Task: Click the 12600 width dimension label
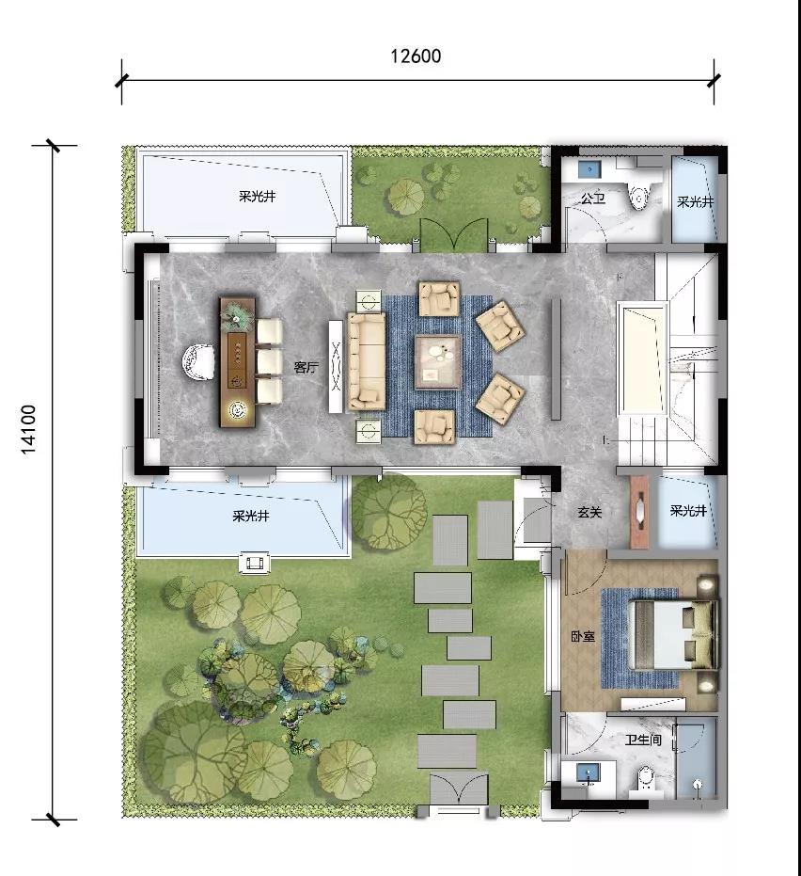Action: pos(416,56)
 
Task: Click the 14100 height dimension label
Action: pos(28,429)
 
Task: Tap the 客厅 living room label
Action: pos(306,367)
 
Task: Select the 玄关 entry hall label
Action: pos(589,511)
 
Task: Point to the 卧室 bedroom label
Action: pos(583,636)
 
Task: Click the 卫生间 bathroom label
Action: pos(643,740)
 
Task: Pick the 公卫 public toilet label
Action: pos(592,198)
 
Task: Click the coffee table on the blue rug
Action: pos(437,362)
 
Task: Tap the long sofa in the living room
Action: pos(367,361)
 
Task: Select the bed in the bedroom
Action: pos(672,634)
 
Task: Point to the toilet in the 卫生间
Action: pos(645,778)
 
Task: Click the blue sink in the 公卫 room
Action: pos(588,168)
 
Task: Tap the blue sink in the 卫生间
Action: pos(586,772)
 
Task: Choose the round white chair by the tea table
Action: pos(197,362)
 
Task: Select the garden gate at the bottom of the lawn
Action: pos(458,788)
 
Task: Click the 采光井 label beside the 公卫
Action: pos(696,201)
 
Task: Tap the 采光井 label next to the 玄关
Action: pos(688,510)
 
